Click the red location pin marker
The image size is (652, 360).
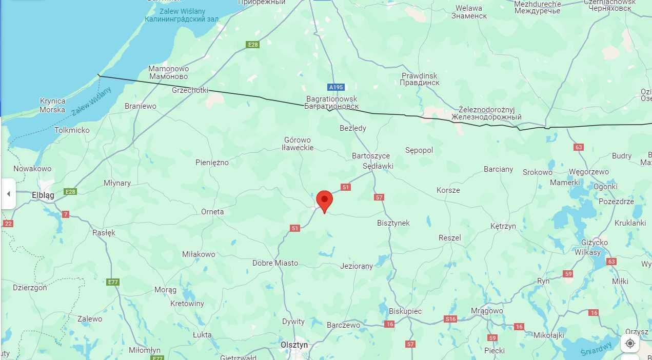(x=324, y=199)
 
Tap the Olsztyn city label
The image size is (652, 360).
(x=294, y=345)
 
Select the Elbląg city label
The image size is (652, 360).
(x=43, y=195)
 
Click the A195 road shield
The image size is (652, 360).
(x=336, y=87)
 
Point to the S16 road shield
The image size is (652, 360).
(x=450, y=319)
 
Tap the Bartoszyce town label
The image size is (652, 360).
(x=371, y=155)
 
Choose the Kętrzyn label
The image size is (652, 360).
(x=503, y=226)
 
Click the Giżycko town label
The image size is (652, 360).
(x=595, y=243)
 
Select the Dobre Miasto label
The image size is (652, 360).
(x=275, y=263)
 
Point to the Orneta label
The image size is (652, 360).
(x=212, y=211)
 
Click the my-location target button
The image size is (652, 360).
(x=630, y=343)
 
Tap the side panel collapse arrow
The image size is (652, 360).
(x=8, y=194)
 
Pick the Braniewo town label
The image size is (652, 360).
(x=141, y=106)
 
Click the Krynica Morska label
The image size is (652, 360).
(x=52, y=105)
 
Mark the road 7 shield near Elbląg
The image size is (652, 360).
(x=66, y=214)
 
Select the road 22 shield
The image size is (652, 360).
(x=8, y=224)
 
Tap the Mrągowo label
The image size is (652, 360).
(x=487, y=310)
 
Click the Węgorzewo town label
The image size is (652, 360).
(x=589, y=172)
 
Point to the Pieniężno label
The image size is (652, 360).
(x=212, y=163)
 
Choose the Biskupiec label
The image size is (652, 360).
(x=405, y=311)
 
